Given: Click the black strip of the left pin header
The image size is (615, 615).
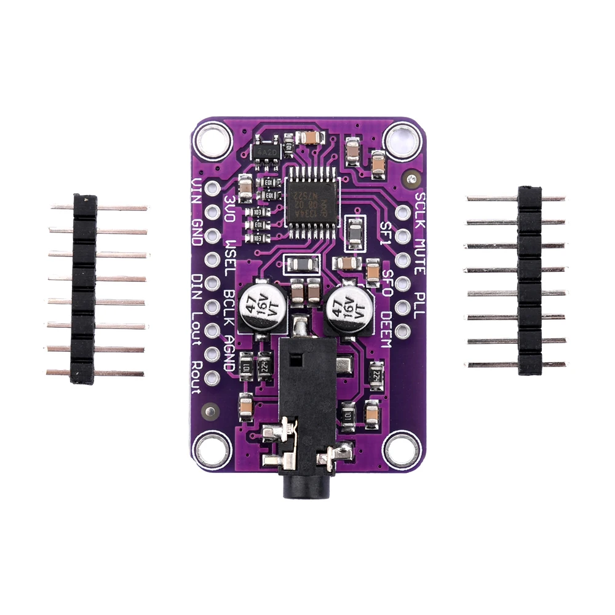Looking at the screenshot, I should (x=84, y=289).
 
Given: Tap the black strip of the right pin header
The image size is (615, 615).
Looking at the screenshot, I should (x=530, y=280).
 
